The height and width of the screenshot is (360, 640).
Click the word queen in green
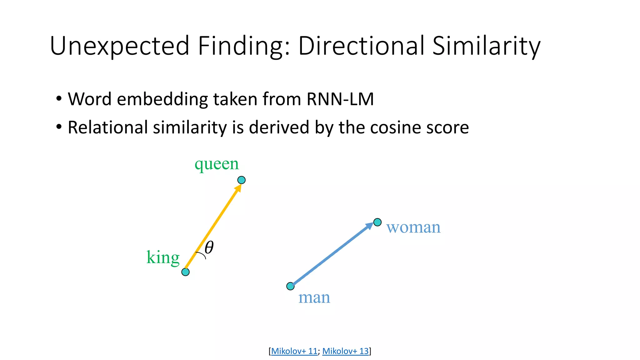[x=217, y=164]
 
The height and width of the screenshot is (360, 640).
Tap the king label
[x=163, y=257]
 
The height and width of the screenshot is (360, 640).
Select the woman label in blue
[x=413, y=227]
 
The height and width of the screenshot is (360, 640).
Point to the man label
[x=314, y=297]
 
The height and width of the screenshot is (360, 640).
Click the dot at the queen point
[x=242, y=180]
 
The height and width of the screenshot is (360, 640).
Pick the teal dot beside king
[x=185, y=272]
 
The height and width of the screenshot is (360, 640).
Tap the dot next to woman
[x=377, y=222]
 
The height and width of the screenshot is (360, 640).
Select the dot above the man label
[x=290, y=286]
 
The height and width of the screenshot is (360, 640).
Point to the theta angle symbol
[x=209, y=247]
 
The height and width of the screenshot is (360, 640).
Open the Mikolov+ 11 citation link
[x=294, y=351]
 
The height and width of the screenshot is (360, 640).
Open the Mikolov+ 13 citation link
[x=345, y=351]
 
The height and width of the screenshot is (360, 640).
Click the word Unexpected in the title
[x=120, y=46]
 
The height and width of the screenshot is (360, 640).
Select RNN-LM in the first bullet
[x=340, y=99]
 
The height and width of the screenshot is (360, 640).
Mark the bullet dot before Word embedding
[x=59, y=99]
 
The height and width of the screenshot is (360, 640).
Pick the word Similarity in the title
[x=486, y=46]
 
